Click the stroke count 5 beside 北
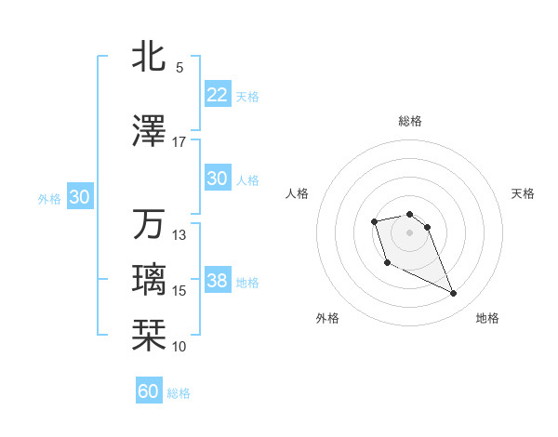[x=179, y=68]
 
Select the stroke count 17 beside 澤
[x=179, y=142]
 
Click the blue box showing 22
[x=217, y=95]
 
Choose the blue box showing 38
[x=217, y=281]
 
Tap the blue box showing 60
[x=149, y=391]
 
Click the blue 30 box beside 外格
[x=79, y=197]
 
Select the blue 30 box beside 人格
[x=217, y=179]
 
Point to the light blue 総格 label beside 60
[x=179, y=393]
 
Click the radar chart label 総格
[x=410, y=121]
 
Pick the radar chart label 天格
[x=524, y=193]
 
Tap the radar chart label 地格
[x=487, y=318]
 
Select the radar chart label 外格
[x=327, y=318]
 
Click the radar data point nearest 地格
[x=454, y=294]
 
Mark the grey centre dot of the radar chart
[x=410, y=232]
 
